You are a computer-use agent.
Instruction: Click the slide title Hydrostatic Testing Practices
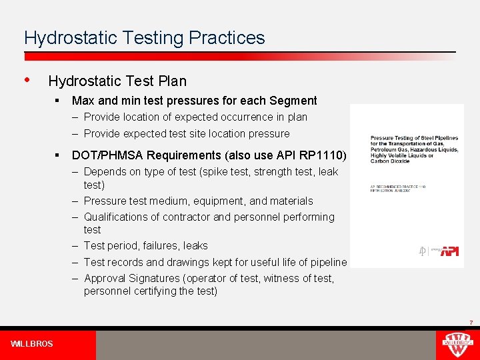[x=144, y=38]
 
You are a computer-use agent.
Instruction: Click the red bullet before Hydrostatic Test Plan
[x=27, y=80]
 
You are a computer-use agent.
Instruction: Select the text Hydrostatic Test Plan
[x=117, y=81]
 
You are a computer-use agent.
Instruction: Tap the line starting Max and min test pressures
[x=194, y=101]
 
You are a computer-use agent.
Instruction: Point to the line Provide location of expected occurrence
[x=195, y=117]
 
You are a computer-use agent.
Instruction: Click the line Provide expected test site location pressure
[x=187, y=133]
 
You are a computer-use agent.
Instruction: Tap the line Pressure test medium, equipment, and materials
[x=198, y=201]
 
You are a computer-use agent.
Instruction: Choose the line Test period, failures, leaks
[x=145, y=245]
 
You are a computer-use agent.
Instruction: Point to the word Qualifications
[x=118, y=217]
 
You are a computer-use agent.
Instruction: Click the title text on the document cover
[x=413, y=148]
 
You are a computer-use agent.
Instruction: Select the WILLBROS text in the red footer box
[x=32, y=344]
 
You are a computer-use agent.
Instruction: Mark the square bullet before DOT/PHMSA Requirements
[x=59, y=155]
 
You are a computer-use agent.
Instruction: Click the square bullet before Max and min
[x=59, y=101]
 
